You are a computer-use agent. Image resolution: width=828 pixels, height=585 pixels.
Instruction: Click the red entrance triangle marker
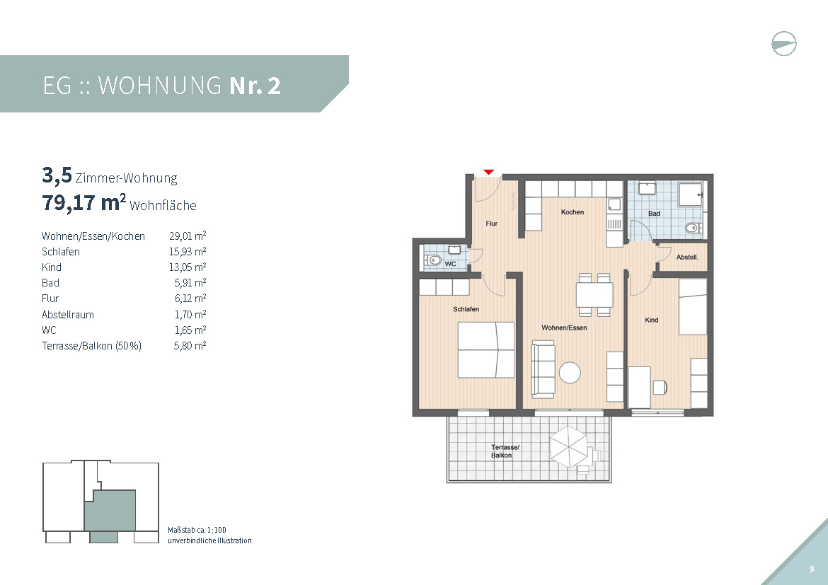[488, 172]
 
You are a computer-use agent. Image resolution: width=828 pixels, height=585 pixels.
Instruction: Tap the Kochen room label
[573, 212]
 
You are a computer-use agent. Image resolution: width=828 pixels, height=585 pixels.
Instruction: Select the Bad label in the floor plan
[655, 214]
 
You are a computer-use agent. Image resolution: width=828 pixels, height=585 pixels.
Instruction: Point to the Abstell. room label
[687, 257]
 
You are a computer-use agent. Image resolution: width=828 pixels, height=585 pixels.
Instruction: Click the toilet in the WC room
[434, 260]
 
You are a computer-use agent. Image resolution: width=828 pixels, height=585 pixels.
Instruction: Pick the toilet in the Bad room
[693, 228]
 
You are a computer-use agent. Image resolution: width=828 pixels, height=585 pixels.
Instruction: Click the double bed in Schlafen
[485, 349]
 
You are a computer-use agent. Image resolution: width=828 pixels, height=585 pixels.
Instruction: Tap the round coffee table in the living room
[570, 373]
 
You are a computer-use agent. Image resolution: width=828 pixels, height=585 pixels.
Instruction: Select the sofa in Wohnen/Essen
[543, 369]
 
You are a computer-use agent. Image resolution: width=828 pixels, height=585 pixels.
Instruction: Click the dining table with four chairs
[594, 295]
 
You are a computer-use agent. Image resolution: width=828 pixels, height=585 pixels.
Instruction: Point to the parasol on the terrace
[569, 446]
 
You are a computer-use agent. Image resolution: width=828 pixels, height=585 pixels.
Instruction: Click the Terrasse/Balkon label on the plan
[505, 451]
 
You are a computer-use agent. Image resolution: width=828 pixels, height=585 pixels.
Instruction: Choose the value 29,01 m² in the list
[188, 236]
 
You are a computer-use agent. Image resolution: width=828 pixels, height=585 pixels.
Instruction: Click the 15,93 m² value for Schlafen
[188, 251]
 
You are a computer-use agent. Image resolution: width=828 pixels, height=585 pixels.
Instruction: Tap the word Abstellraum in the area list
[68, 315]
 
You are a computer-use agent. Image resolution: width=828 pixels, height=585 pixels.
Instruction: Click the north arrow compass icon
[784, 44]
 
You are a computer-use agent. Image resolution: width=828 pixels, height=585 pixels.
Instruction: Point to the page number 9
[812, 569]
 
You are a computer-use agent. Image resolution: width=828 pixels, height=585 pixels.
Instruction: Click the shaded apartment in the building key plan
[110, 511]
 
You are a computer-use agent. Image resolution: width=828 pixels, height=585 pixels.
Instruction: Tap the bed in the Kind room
[693, 307]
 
